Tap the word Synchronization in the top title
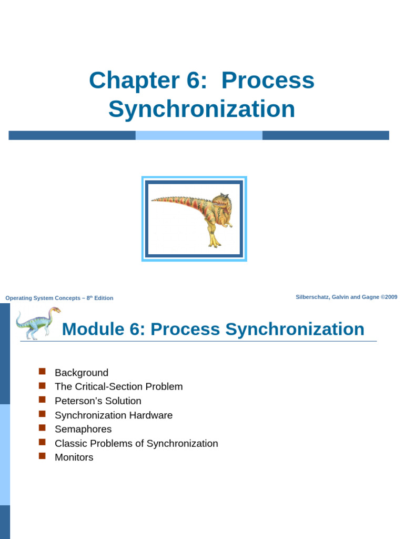pos(201,109)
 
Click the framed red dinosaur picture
pos(194,218)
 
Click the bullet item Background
pos(82,373)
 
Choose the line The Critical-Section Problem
pos(119,387)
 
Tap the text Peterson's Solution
pos(98,401)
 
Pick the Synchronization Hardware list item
pos(114,415)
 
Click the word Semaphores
pos(83,430)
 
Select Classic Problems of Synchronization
pos(136,444)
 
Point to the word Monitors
pos(74,457)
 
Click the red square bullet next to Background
pos(43,372)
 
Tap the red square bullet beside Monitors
pos(43,456)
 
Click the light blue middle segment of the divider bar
pos(199,135)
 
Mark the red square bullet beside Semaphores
pos(43,428)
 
